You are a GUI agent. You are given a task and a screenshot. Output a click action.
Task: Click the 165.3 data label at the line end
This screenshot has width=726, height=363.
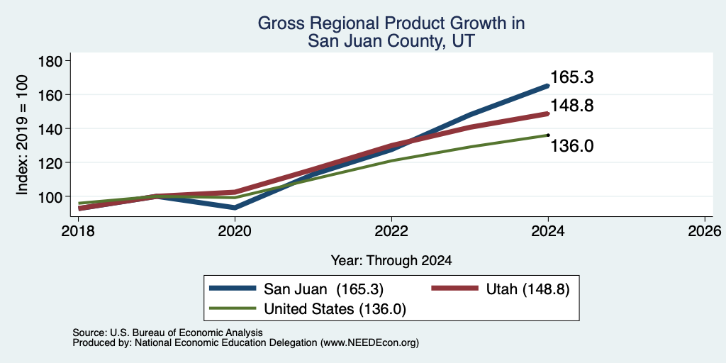[572, 77]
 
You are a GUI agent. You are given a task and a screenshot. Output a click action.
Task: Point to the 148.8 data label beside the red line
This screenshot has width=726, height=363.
[572, 106]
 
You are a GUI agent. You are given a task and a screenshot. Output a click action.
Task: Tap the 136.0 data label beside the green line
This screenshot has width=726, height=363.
[572, 146]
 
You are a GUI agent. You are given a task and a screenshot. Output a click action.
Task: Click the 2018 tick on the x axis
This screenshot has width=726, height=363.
[79, 230]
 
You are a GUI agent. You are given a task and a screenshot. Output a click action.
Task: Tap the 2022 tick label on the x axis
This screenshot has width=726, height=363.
[391, 230]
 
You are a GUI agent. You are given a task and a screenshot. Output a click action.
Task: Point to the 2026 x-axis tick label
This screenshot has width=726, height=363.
[705, 230]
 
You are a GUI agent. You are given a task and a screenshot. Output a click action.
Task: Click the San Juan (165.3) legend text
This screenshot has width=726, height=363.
[323, 289]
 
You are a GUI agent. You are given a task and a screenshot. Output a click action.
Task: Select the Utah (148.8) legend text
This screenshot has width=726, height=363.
[527, 289]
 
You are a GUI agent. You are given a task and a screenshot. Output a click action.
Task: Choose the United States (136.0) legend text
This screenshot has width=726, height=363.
[335, 309]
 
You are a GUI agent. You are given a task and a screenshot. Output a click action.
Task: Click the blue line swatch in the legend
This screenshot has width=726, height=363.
[233, 289]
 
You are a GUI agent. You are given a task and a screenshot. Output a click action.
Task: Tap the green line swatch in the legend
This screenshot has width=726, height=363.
[233, 308]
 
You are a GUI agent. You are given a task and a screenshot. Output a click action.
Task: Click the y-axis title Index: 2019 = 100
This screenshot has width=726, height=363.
[22, 135]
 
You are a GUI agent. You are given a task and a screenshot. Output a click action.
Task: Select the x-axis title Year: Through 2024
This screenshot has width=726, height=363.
[391, 261]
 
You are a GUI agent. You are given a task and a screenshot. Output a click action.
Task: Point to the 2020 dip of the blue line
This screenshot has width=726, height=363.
[235, 208]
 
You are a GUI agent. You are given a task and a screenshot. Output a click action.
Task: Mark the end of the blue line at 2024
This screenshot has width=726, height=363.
[548, 86]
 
